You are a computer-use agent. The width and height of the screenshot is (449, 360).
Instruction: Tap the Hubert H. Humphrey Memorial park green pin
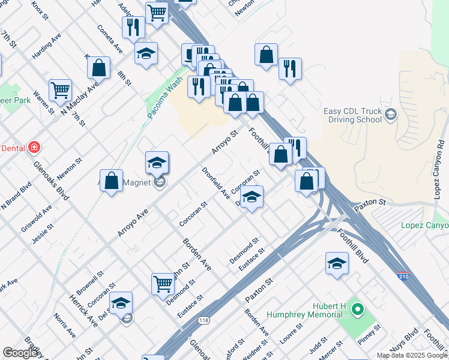pyautogui.click(x=358, y=310)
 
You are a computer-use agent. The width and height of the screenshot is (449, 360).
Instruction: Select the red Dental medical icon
pyautogui.click(x=34, y=147)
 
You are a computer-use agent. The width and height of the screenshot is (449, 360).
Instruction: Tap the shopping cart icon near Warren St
pyautogui.click(x=60, y=91)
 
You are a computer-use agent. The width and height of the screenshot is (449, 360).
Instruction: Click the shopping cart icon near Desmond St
pyautogui.click(x=163, y=284)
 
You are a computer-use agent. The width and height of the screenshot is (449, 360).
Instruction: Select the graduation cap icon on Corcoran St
pyautogui.click(x=253, y=197)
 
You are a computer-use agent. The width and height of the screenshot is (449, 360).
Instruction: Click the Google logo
pyautogui.click(x=21, y=353)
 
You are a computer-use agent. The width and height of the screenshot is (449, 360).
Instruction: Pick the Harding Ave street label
pyautogui.click(x=47, y=46)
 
